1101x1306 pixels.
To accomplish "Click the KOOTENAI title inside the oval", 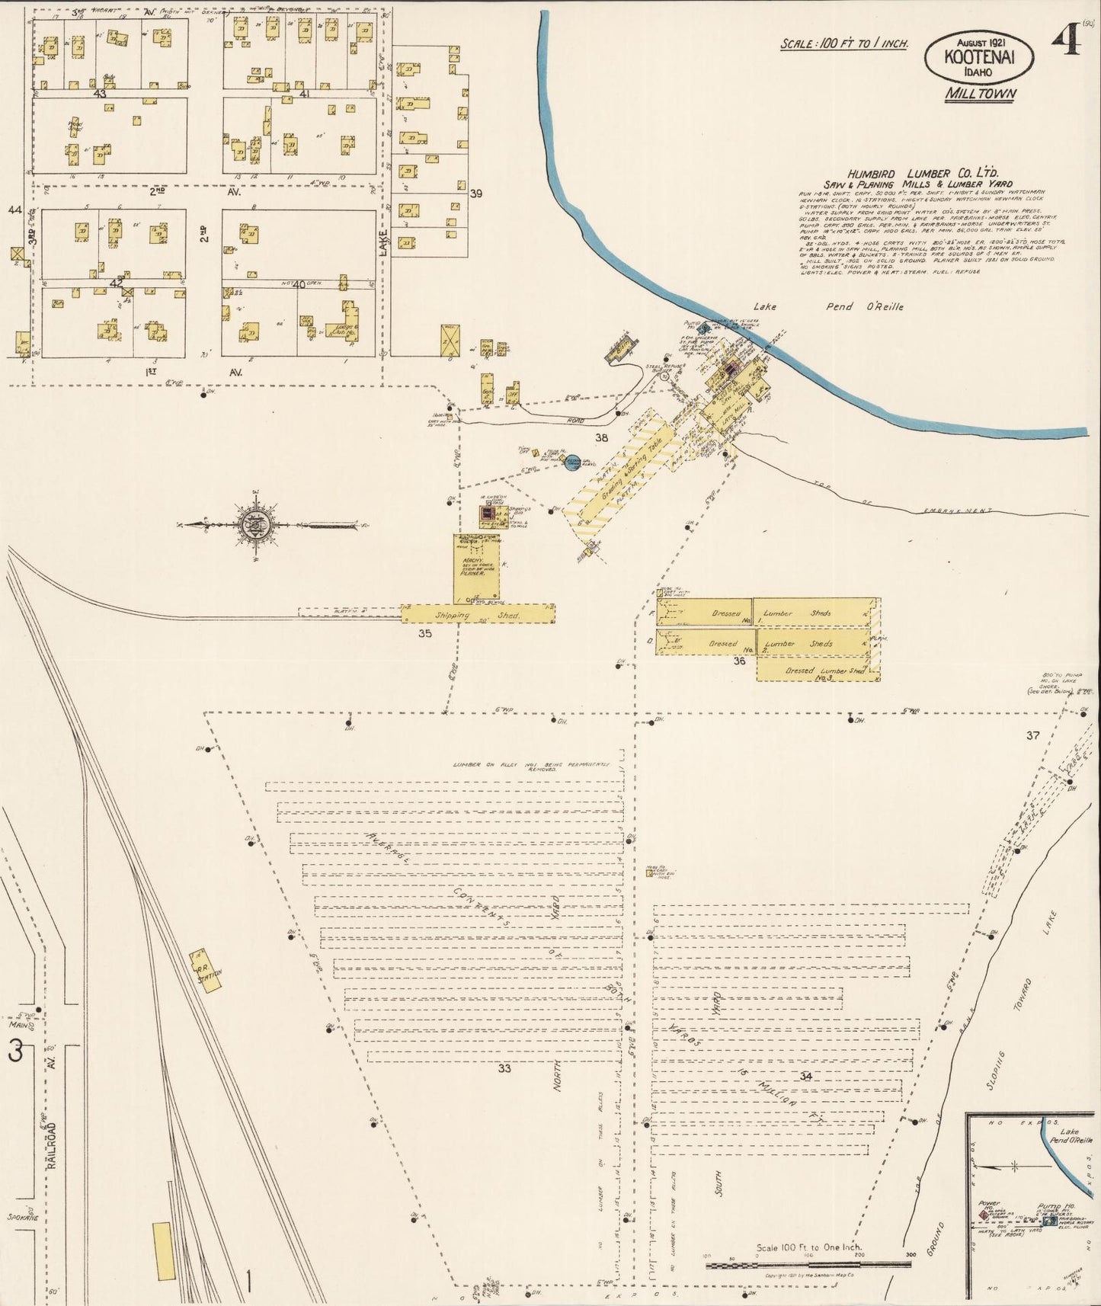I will tap(979, 56).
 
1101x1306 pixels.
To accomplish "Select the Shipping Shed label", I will tap(478, 614).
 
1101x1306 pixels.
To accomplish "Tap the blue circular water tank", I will tap(574, 462).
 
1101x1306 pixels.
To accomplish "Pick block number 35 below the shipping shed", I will tap(424, 632).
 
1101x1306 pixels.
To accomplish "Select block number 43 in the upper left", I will tap(99, 94).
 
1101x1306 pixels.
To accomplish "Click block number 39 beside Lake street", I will tap(476, 194).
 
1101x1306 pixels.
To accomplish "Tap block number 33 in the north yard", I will tap(504, 1068).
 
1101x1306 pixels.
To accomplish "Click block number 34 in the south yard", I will tap(805, 1076).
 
